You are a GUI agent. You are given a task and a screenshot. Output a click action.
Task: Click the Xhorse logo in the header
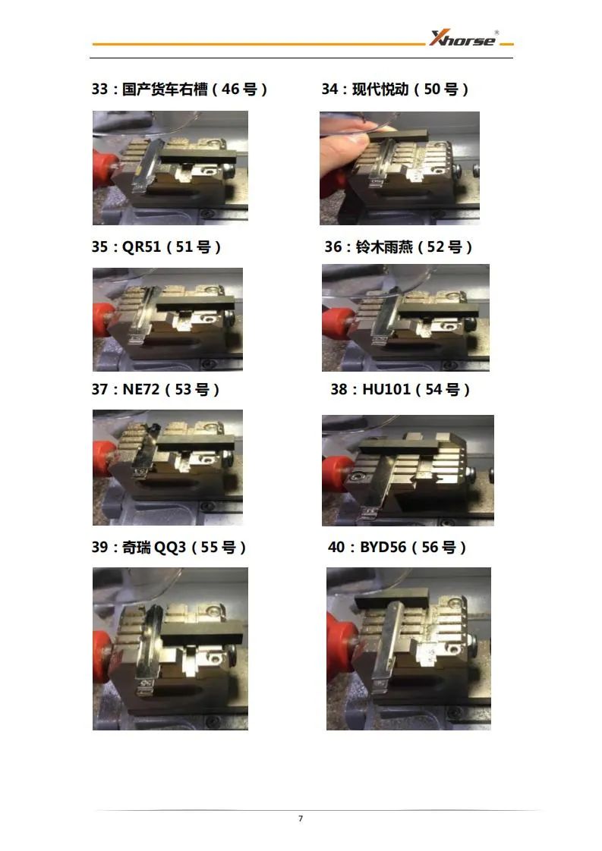pyautogui.click(x=464, y=39)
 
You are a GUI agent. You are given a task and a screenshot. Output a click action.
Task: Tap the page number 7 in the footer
pyautogui.click(x=301, y=818)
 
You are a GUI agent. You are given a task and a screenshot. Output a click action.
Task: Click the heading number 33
pyautogui.click(x=100, y=89)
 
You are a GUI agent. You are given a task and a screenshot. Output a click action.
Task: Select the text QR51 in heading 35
pyautogui.click(x=142, y=247)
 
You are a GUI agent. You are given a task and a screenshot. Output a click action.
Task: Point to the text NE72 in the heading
pyautogui.click(x=141, y=389)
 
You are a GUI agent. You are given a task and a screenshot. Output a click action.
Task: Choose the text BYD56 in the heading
pyautogui.click(x=383, y=547)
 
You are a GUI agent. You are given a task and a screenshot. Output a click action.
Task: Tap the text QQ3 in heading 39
pyautogui.click(x=170, y=547)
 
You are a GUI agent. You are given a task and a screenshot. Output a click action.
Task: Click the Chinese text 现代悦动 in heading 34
pyautogui.click(x=380, y=89)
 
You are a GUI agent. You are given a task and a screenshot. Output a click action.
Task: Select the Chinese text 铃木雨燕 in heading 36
pyautogui.click(x=384, y=247)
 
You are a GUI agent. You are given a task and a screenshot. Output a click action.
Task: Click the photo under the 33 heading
pyautogui.click(x=170, y=168)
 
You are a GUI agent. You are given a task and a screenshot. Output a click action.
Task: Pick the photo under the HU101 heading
pyautogui.click(x=408, y=470)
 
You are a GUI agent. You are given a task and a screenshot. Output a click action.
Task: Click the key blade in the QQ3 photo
pyautogui.click(x=150, y=648)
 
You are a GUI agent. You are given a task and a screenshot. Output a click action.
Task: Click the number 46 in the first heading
pyautogui.click(x=230, y=89)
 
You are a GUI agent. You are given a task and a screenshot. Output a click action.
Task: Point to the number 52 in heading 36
pyautogui.click(x=436, y=247)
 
